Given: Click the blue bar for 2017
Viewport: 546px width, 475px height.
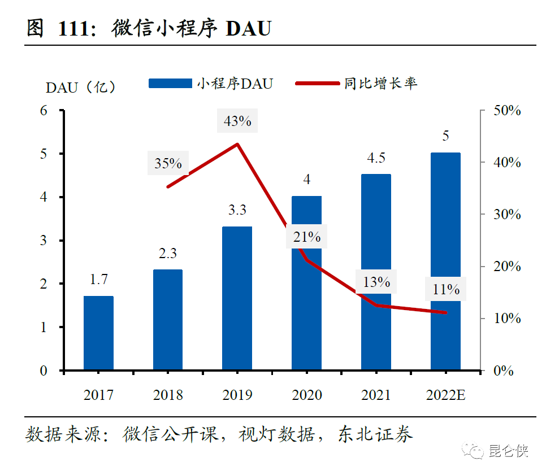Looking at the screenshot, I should click(x=98, y=333).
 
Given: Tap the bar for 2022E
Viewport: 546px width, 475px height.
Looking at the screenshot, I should click(x=445, y=262).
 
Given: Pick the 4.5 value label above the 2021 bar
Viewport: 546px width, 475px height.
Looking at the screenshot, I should click(x=376, y=158).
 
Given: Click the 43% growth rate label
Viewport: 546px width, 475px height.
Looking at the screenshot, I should click(x=237, y=121).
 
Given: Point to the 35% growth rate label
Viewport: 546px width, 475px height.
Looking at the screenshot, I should click(x=168, y=164).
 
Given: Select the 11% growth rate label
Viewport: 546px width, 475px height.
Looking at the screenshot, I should click(x=446, y=289).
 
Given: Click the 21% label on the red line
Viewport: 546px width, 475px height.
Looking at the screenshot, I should click(x=307, y=237).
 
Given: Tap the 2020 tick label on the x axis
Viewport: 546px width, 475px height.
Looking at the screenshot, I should click(x=307, y=395).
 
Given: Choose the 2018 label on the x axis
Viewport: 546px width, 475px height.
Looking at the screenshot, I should click(x=168, y=395).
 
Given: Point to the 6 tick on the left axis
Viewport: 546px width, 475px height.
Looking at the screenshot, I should click(x=44, y=111).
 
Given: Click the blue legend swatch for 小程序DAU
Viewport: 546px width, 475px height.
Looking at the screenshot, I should click(x=170, y=84).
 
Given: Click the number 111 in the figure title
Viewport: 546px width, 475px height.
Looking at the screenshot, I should click(x=72, y=28).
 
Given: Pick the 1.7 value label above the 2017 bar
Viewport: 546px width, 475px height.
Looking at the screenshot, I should click(x=98, y=279).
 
